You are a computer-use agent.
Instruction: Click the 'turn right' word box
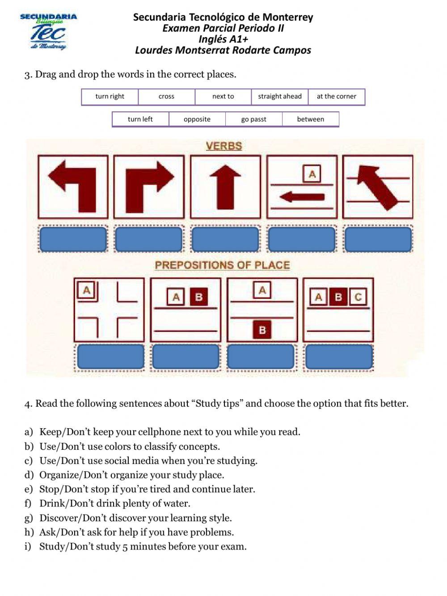pyautogui.click(x=110, y=97)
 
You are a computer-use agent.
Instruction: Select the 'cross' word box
pyautogui.click(x=166, y=97)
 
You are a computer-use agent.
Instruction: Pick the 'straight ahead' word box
pyautogui.click(x=280, y=97)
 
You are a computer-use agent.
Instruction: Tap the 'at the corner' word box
pyautogui.click(x=336, y=97)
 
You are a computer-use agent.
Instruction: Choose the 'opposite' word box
pyautogui.click(x=197, y=119)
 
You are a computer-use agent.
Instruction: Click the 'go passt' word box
pyautogui.click(x=253, y=119)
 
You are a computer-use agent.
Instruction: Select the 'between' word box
pyautogui.click(x=310, y=119)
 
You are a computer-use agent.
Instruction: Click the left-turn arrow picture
pyautogui.click(x=73, y=187)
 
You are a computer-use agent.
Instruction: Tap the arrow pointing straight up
pyautogui.click(x=225, y=187)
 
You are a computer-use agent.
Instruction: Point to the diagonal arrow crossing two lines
pyautogui.click(x=378, y=187)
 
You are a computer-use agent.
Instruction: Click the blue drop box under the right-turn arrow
pyautogui.click(x=149, y=239)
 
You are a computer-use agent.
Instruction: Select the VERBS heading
pyautogui.click(x=224, y=146)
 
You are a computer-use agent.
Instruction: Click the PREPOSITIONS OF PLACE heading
pyautogui.click(x=222, y=265)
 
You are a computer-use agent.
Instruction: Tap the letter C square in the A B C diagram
pyautogui.click(x=358, y=297)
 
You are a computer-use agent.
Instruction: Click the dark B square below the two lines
pyautogui.click(x=262, y=330)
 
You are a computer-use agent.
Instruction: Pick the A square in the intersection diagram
pyautogui.click(x=86, y=290)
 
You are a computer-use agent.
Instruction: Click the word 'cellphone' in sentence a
pyautogui.click(x=159, y=432)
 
